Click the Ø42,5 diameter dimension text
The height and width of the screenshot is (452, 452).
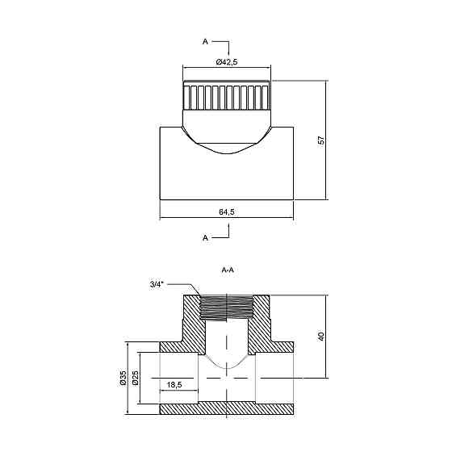pos(227,61)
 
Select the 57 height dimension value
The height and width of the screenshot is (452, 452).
pos(321,140)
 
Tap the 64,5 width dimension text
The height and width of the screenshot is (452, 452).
pos(227,211)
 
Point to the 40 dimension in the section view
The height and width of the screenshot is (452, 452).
pos(321,337)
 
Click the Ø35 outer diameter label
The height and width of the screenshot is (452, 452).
pos(123,378)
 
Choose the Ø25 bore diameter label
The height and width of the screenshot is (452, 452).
pos(136,378)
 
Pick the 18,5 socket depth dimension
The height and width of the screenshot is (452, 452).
pos(174,384)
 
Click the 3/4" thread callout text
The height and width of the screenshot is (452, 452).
pos(157,285)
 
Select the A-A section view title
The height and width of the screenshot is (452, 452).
pos(228,270)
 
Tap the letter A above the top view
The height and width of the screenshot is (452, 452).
pos(205,42)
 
